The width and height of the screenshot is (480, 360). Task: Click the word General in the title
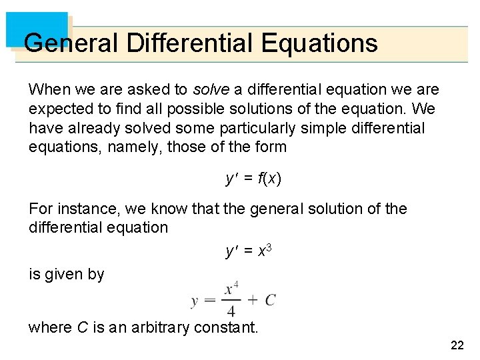(70, 43)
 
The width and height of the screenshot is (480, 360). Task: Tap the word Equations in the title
(319, 43)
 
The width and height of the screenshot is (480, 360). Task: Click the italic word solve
(210, 89)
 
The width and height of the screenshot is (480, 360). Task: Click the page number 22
(457, 345)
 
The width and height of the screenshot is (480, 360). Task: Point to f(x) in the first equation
(269, 179)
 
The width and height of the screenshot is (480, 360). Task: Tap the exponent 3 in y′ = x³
(269, 248)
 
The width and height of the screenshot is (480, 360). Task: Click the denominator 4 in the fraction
(231, 311)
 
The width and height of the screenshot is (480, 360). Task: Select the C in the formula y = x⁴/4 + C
(270, 300)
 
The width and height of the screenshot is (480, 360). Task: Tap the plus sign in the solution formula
(252, 300)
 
